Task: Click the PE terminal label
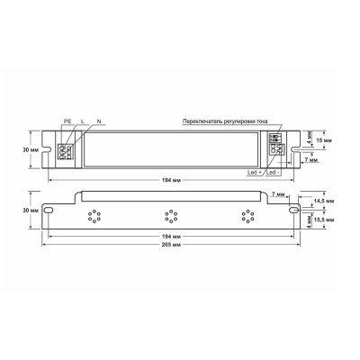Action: tap(67, 120)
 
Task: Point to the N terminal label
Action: tap(98, 120)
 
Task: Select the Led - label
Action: tap(274, 171)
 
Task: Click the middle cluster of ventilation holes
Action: tap(168, 215)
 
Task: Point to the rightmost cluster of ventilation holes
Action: tap(245, 215)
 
